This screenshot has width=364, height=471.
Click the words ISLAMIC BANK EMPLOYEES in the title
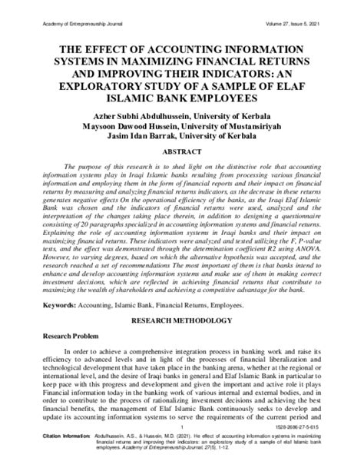pyautogui.click(x=181, y=99)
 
